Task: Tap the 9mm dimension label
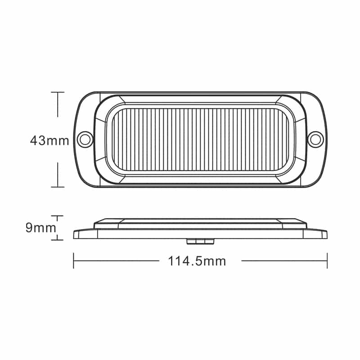coord(41,228)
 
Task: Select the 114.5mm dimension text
coord(197,261)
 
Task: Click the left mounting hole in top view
coord(84,139)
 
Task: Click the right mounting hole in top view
coord(316,139)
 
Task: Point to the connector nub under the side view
coord(200,242)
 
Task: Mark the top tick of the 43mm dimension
coord(58,92)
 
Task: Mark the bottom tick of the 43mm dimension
coord(58,186)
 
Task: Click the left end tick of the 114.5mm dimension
coord(73,261)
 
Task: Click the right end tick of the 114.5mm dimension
coord(327,261)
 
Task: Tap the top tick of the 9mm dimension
coord(57,216)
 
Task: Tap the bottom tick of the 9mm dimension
coord(57,240)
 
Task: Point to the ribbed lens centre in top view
coord(200,139)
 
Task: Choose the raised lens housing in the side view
coord(200,222)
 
